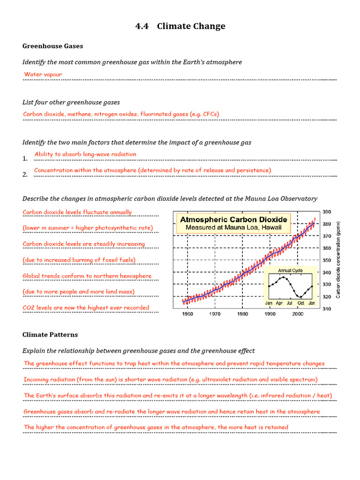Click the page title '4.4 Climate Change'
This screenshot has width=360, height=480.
(180, 26)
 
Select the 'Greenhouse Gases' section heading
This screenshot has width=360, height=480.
(52, 46)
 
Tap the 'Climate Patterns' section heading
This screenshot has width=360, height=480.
(50, 335)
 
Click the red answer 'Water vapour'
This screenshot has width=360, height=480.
(43, 75)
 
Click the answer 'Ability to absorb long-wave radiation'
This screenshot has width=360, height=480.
(85, 154)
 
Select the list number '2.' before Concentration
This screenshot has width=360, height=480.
(25, 175)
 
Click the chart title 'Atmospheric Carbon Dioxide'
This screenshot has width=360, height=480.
(234, 219)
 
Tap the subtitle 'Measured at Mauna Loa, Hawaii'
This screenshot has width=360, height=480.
(234, 228)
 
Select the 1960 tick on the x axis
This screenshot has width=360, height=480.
(187, 315)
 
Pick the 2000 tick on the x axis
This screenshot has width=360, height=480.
(298, 315)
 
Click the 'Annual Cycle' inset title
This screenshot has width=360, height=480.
(291, 270)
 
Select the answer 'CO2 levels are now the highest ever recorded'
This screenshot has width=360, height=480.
(86, 308)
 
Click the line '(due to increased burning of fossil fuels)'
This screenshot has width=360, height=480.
(79, 260)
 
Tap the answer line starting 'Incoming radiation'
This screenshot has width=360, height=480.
(171, 379)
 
